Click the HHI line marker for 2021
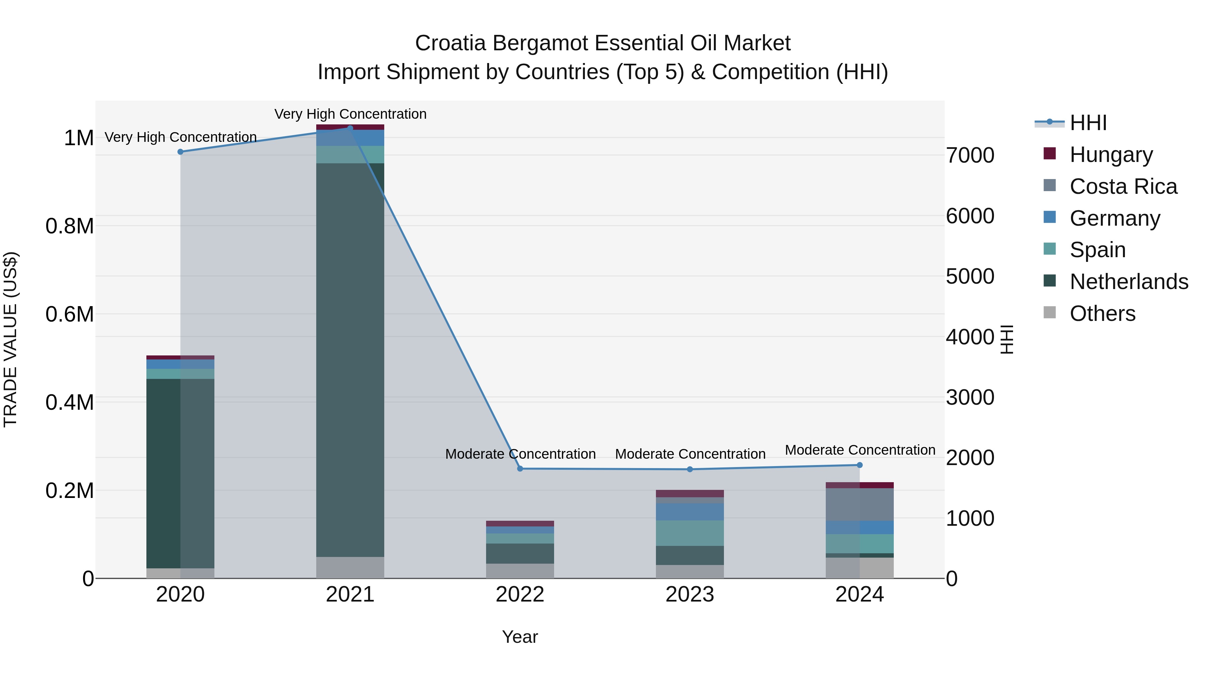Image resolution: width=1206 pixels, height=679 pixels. pos(350,128)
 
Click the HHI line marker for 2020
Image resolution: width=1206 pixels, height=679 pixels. pos(180,152)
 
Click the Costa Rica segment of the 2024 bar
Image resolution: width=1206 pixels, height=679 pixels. pos(860,505)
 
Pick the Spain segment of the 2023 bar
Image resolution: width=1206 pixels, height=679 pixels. pos(690,533)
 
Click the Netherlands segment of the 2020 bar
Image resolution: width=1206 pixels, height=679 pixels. pos(180,473)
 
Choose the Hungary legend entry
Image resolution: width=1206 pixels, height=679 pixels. pos(1111,155)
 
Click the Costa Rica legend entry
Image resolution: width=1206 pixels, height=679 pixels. pos(1123,186)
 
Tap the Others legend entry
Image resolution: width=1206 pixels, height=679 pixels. pos(1102,314)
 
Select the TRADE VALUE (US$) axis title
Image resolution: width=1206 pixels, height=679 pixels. pos(10,340)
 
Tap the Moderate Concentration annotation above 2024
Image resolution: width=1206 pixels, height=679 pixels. pos(860,450)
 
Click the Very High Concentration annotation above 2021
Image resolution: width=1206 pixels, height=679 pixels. pos(350,114)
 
